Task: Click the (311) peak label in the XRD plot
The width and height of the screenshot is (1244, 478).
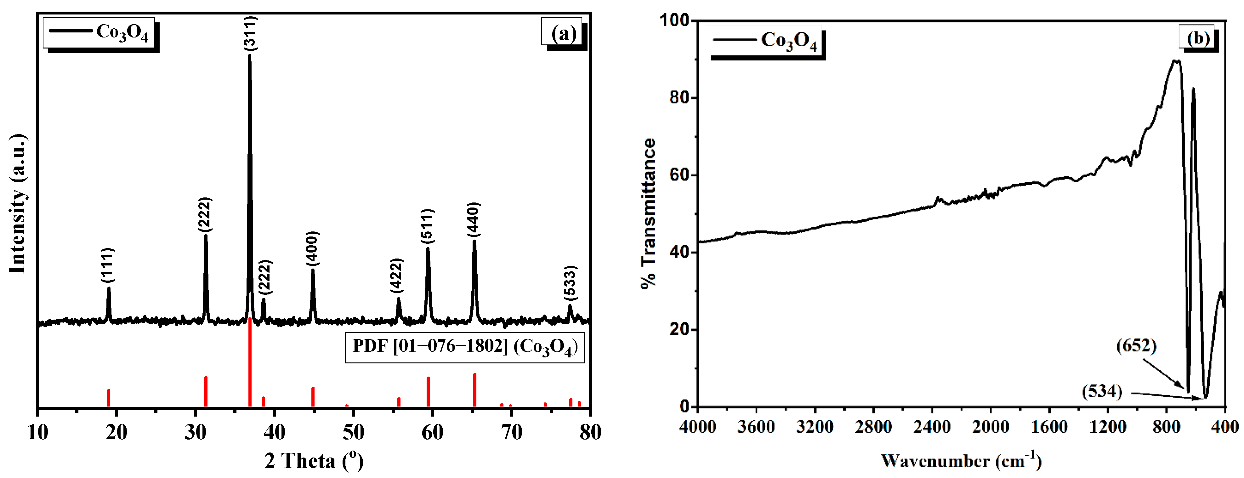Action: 250,33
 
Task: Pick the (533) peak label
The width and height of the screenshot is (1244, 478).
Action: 570,282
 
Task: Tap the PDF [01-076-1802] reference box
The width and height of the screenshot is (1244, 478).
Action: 464,347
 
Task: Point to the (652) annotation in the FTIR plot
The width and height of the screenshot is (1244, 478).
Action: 1136,346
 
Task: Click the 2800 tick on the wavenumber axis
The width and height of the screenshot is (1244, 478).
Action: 873,427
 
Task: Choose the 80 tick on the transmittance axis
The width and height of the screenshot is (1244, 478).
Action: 679,98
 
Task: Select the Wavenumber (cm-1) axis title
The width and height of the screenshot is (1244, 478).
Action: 961,461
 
